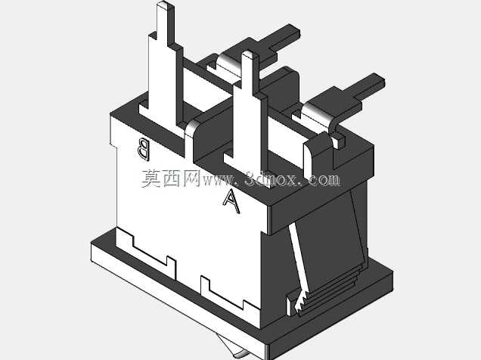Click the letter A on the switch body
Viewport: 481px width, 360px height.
coord(231,201)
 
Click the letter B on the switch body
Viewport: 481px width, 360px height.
coord(144,149)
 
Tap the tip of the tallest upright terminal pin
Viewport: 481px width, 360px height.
coord(165,5)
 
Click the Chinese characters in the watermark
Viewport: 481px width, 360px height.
coord(171,178)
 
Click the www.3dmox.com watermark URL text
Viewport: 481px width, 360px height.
coord(272,179)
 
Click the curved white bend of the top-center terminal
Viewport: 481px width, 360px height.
coord(228,61)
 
